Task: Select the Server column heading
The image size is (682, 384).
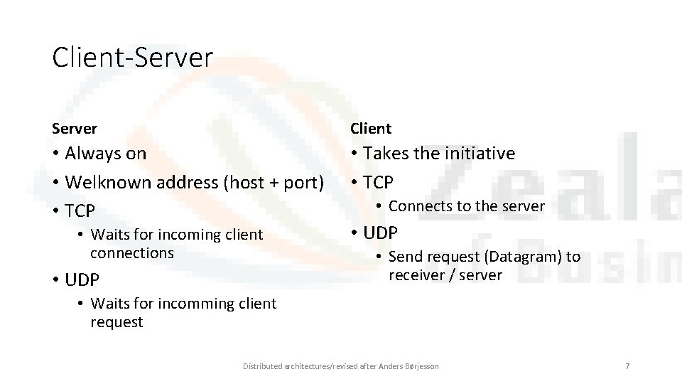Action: [x=75, y=129]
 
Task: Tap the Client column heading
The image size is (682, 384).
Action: [x=370, y=129]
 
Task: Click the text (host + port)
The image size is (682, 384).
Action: [x=274, y=182]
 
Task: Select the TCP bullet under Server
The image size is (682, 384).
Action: [x=80, y=210]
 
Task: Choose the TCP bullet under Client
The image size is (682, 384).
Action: [x=378, y=182]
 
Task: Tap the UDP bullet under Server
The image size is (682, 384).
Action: [x=82, y=279]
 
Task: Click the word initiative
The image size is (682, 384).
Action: [x=480, y=154]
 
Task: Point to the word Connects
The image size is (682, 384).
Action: [x=418, y=206]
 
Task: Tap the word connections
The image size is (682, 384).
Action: [x=132, y=253]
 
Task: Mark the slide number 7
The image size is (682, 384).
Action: [x=627, y=366]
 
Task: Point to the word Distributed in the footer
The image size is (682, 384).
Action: [x=263, y=366]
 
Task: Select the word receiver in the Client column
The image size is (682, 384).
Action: [x=414, y=275]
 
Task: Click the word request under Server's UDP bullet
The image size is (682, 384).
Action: [x=117, y=322]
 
